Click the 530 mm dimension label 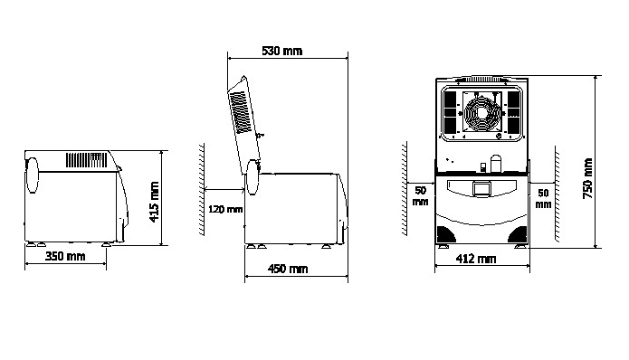[x=281, y=51]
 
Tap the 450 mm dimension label [x=288, y=269]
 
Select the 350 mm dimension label [x=65, y=256]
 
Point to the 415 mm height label [x=155, y=202]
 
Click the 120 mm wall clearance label [x=225, y=209]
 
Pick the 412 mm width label [x=476, y=259]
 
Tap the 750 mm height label [x=587, y=178]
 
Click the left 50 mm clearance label [x=421, y=195]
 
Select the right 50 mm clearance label [x=543, y=198]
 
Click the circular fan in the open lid [x=482, y=113]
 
